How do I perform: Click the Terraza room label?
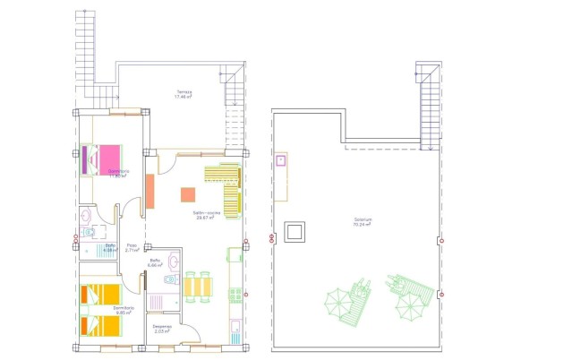[x=184, y=95]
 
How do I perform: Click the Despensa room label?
[x=162, y=328]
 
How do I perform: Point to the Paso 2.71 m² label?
[x=132, y=248]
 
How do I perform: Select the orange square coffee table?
[x=188, y=194]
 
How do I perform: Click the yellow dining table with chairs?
[x=198, y=287]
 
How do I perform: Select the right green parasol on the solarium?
[x=409, y=304]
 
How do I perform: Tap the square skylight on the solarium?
[x=294, y=232]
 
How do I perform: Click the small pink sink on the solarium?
[x=280, y=161]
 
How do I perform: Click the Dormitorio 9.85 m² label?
[x=123, y=310]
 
